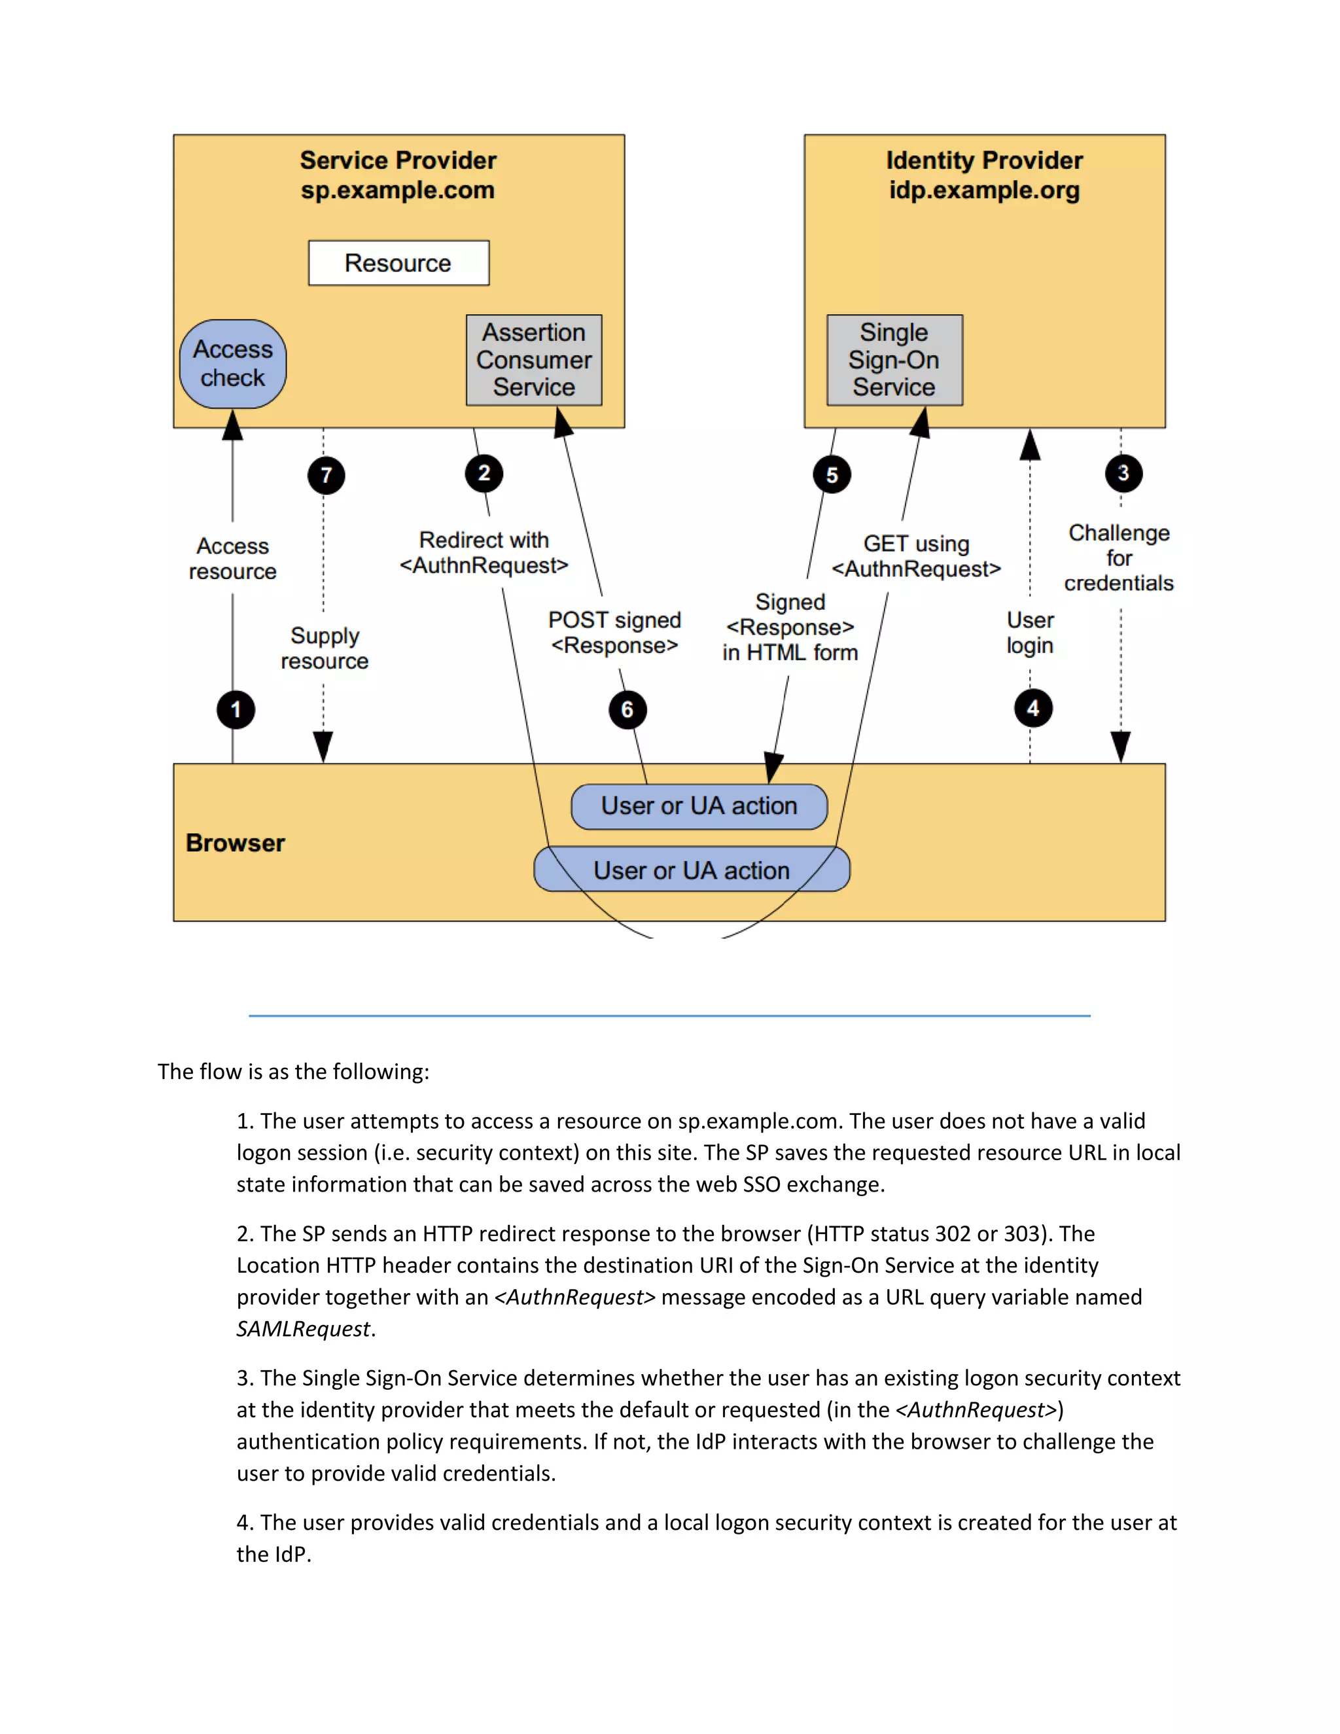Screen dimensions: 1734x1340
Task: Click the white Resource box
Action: pyautogui.click(x=398, y=263)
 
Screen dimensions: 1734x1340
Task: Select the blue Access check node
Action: pyautogui.click(x=232, y=364)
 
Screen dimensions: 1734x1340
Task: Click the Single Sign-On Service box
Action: pyautogui.click(x=894, y=360)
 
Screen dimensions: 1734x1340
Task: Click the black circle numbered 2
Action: pyautogui.click(x=484, y=474)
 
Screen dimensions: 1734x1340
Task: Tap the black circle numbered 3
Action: pyautogui.click(x=1123, y=473)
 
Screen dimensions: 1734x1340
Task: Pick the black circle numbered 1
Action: pyautogui.click(x=236, y=710)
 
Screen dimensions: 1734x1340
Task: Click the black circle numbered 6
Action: pyautogui.click(x=627, y=710)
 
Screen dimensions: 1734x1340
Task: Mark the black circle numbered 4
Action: pyautogui.click(x=1032, y=708)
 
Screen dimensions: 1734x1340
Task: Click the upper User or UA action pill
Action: pyautogui.click(x=699, y=806)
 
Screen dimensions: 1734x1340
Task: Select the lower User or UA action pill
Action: pyautogui.click(x=692, y=870)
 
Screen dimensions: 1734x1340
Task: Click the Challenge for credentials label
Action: pyautogui.click(x=1118, y=558)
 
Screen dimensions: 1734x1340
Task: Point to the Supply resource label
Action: pyautogui.click(x=325, y=648)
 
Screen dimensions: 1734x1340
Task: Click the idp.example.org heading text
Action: pyautogui.click(x=984, y=190)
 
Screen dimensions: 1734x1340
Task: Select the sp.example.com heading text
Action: pyautogui.click(x=398, y=190)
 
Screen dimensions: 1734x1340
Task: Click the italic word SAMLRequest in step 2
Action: pyautogui.click(x=303, y=1329)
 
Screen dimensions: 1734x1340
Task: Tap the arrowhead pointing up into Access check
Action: pyautogui.click(x=232, y=425)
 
